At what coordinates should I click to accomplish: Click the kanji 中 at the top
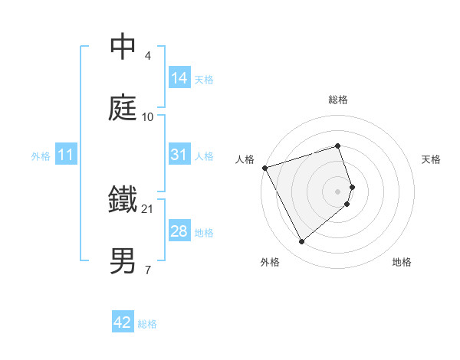pos(123,47)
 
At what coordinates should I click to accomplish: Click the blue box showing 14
pos(179,77)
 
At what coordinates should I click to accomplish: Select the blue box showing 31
pos(179,155)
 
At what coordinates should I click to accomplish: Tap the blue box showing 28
pos(179,231)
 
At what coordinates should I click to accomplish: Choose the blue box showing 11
pos(66,155)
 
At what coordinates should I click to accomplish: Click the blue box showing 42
pos(123,322)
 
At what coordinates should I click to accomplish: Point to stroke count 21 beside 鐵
pos(149,208)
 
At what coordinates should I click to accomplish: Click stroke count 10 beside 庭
pos(148,116)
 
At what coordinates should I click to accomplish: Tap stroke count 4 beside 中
pos(148,56)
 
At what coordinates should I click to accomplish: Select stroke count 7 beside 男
pos(148,270)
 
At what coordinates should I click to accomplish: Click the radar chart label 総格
pos(338,100)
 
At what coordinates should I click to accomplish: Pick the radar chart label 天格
pos(432,159)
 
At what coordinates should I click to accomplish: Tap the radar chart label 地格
pos(402,263)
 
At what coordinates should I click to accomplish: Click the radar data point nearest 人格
pos(265,167)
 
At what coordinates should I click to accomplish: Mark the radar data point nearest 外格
pos(302,241)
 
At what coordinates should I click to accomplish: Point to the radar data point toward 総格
pos(338,146)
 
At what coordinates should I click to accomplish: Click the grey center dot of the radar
pos(338,191)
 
